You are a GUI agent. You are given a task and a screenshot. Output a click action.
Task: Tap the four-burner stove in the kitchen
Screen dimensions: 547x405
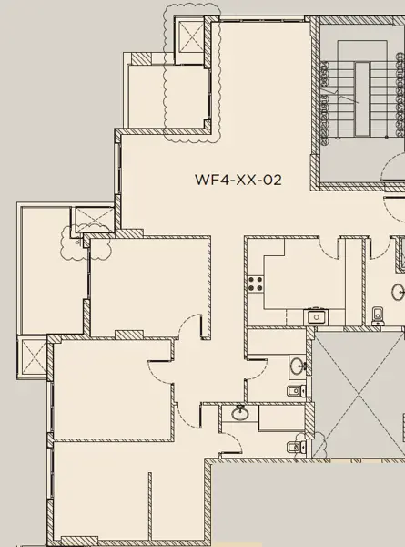[254, 284]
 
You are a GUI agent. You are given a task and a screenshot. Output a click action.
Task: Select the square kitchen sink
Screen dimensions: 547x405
[316, 316]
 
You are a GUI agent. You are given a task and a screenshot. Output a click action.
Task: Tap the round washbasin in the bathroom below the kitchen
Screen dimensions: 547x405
[299, 366]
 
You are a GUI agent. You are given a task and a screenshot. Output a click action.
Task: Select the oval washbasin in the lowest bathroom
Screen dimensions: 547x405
[240, 414]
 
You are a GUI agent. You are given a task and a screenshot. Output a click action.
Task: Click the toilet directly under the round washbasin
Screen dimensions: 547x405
[294, 391]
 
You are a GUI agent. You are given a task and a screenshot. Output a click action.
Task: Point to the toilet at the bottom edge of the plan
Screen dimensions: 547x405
[293, 447]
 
